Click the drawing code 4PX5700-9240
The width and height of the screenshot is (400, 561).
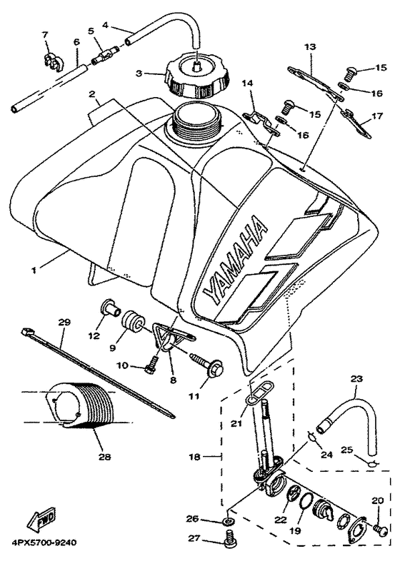(x=44, y=542)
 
